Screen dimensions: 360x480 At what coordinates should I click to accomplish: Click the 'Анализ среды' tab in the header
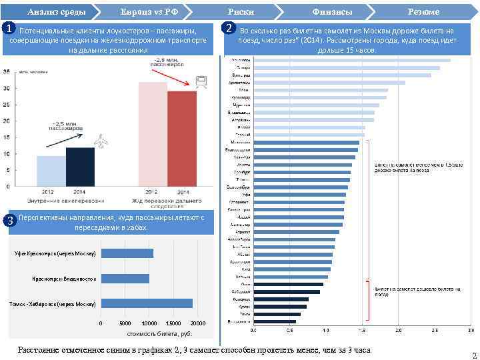click(49, 11)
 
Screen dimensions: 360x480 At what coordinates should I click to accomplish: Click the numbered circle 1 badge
click(7, 29)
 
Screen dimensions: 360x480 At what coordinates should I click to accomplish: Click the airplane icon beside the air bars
click(102, 141)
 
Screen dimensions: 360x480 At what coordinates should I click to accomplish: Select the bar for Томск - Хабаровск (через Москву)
click(147, 303)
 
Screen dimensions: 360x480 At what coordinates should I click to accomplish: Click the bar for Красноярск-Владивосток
click(125, 278)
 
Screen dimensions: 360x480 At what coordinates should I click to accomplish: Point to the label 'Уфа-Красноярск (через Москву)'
click(57, 253)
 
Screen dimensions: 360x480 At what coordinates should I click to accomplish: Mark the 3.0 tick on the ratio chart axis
click(471, 329)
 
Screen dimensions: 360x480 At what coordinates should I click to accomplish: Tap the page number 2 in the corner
click(473, 355)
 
